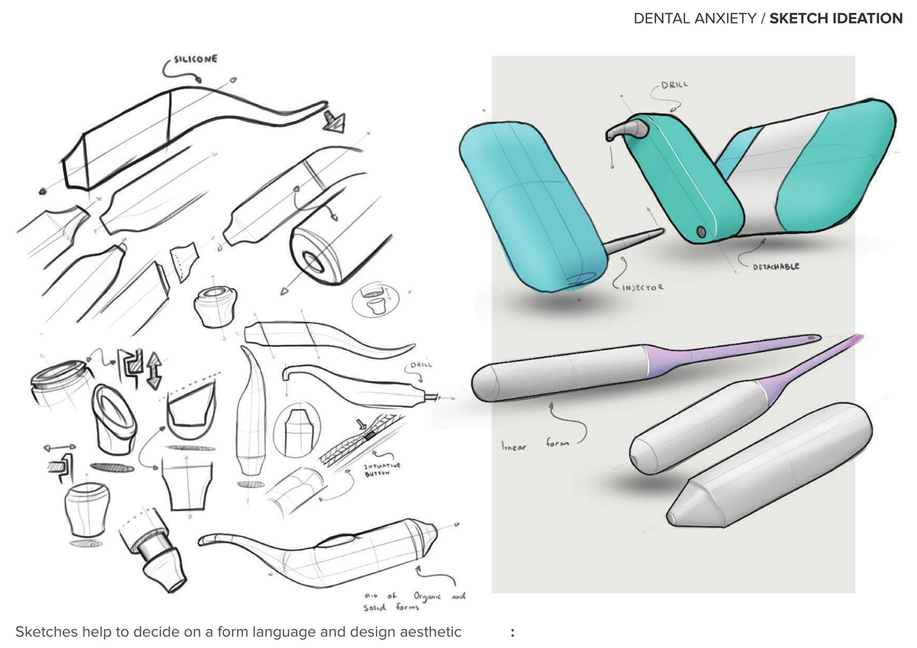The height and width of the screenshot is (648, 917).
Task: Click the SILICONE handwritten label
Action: [x=195, y=60]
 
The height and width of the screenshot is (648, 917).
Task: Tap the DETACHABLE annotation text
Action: [x=776, y=267]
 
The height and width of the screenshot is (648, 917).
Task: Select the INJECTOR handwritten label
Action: [x=643, y=287]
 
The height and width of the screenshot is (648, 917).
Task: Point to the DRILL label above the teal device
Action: [x=675, y=85]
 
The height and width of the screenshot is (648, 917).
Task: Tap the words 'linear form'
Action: [x=535, y=445]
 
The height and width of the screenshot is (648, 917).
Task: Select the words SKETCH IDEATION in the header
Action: [x=836, y=18]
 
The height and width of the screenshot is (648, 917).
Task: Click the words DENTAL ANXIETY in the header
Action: [x=695, y=18]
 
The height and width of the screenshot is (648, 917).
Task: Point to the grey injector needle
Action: [x=635, y=240]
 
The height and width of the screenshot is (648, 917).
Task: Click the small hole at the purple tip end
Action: [x=813, y=338]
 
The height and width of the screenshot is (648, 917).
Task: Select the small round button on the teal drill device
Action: [x=702, y=232]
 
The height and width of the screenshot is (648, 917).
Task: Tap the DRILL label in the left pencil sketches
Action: [x=421, y=365]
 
